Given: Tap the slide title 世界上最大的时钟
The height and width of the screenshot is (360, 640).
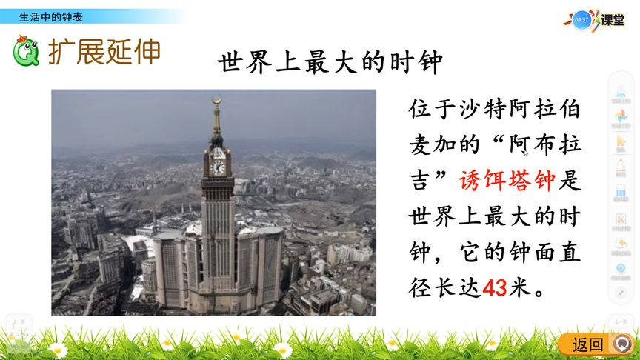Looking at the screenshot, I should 330,62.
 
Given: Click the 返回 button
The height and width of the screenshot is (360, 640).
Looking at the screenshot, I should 588,344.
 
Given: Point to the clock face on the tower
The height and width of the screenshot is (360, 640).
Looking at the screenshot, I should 218,167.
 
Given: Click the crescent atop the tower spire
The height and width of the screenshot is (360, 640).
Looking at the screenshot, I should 216,99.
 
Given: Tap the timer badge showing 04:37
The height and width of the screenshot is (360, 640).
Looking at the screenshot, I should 581,20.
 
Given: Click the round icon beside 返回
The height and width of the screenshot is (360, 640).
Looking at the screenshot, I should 624,344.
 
